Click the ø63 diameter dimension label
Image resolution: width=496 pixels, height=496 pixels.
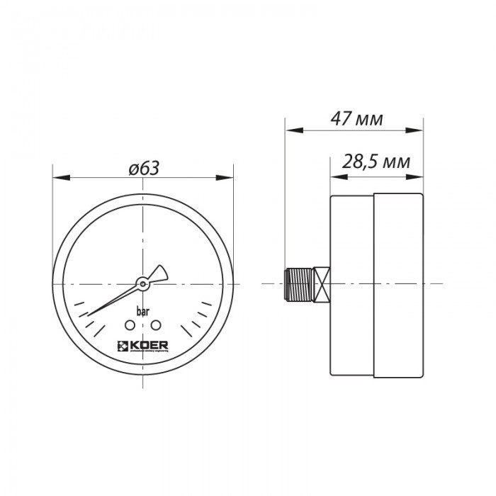tap(144, 169)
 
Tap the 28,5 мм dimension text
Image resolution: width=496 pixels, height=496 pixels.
tap(376, 162)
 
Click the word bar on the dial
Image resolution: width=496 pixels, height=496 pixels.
tap(142, 310)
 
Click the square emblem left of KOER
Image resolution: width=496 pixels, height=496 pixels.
tap(120, 346)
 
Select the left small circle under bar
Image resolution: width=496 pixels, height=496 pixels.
tap(130, 325)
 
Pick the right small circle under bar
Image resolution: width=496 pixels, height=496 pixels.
tap(157, 325)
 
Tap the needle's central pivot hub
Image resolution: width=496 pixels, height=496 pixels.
tap(142, 283)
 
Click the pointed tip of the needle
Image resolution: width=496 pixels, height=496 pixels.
tap(89, 313)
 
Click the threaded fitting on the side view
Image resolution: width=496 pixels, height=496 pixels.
tap(299, 283)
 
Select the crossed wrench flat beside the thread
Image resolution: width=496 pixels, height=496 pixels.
tap(322, 283)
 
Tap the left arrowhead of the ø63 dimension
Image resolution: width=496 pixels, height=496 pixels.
tap(57, 177)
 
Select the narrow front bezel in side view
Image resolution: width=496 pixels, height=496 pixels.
tap(352, 283)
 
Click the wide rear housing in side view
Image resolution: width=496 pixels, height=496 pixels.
tap(398, 283)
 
